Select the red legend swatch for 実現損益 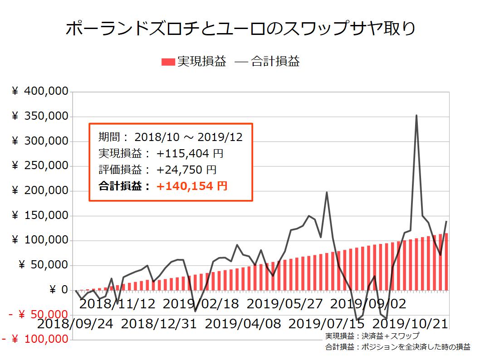click(168, 62)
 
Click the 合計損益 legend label click(275, 62)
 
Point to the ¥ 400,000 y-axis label click(40, 92)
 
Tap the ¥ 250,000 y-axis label click(40, 166)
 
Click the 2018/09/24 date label click(76, 325)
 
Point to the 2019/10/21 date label click(410, 325)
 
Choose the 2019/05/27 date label click(284, 304)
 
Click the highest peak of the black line click(416, 116)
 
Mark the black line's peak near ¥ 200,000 click(327, 192)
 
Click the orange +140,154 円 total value click(192, 186)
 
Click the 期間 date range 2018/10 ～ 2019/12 click(188, 137)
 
